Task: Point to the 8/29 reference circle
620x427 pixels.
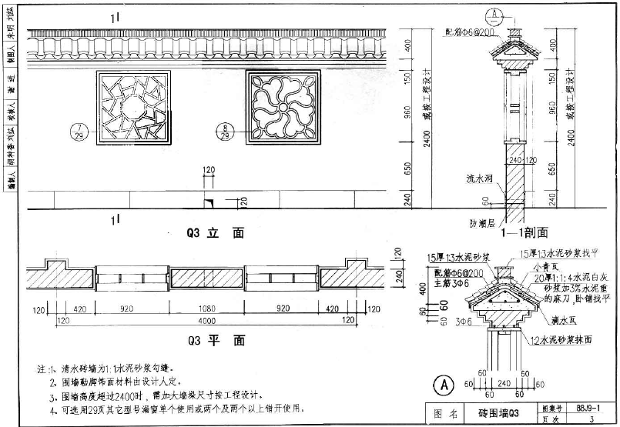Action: point(225,131)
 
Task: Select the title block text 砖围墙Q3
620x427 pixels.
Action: point(500,413)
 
